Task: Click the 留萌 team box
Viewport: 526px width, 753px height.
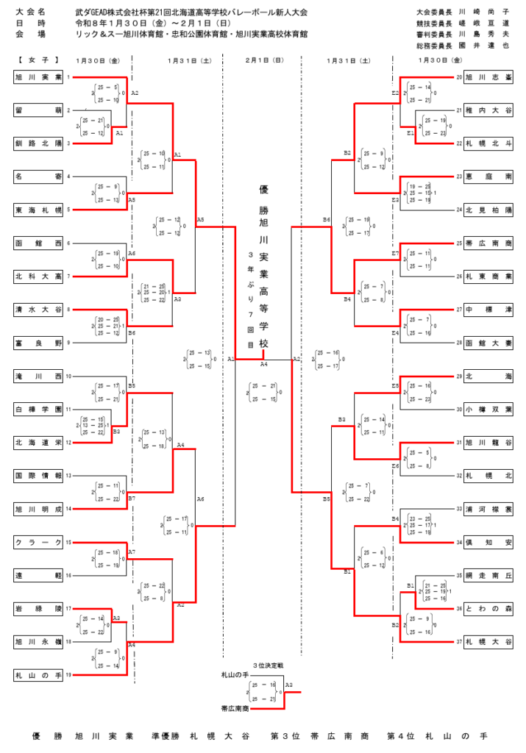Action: point(38,110)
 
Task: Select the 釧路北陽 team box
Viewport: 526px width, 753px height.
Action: point(38,143)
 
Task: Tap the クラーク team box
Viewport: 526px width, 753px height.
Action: point(38,543)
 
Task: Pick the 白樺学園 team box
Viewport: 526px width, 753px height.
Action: point(38,409)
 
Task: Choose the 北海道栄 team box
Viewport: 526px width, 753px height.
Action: point(38,442)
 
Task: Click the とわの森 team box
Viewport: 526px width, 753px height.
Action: point(488,608)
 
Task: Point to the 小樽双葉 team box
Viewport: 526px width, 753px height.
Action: point(488,409)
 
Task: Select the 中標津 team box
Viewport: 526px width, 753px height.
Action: point(488,310)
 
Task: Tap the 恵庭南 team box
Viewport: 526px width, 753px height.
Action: point(488,176)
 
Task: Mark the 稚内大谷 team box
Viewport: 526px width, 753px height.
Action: point(488,110)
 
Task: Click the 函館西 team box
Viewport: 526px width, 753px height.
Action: point(38,243)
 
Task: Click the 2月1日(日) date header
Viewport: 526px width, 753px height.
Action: point(263,60)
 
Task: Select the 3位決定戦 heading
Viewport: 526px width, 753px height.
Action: point(268,665)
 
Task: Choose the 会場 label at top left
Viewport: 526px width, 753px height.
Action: point(30,34)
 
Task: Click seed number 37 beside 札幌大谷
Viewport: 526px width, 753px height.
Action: point(458,641)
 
